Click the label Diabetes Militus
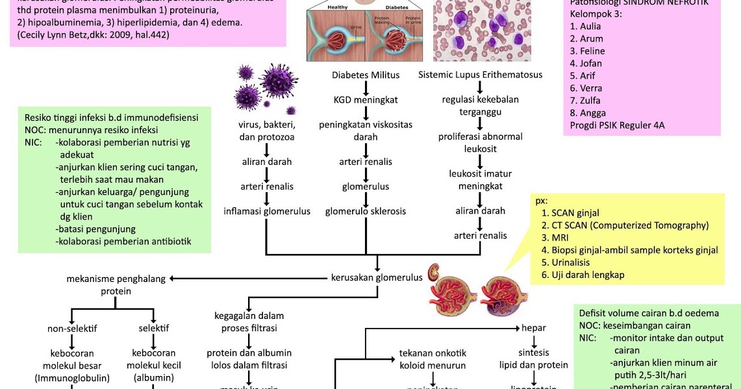coord(366,75)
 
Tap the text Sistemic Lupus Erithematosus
coord(480,75)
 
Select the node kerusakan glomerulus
coord(377,278)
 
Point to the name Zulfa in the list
coord(585,101)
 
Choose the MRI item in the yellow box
coord(559,238)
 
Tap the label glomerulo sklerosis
coord(366,212)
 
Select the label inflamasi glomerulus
coord(267,212)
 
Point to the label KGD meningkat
coord(366,100)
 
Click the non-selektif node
coord(72,329)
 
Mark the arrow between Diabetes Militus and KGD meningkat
coord(366,88)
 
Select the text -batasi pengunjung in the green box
coord(95,229)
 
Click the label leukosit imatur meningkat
coord(481,180)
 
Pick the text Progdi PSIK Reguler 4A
coord(617,125)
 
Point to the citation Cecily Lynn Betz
coord(94,35)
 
